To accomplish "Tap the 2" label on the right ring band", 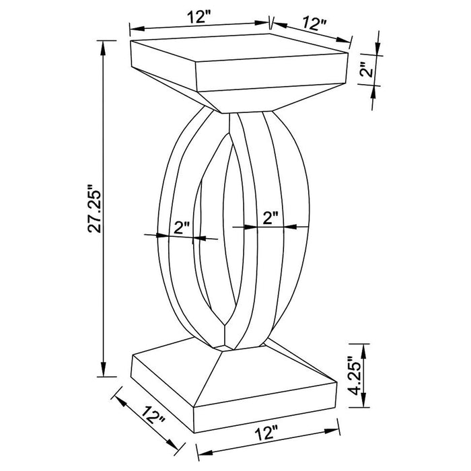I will (270, 217).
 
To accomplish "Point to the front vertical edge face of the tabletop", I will (269, 78).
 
